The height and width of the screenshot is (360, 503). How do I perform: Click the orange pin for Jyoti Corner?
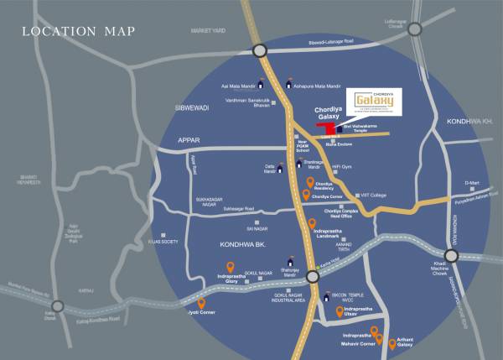click(201, 304)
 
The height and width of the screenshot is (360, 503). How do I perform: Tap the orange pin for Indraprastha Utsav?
click(340, 312)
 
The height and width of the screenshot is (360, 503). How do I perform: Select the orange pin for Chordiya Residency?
click(312, 182)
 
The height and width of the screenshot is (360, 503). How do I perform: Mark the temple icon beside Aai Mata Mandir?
click(261, 84)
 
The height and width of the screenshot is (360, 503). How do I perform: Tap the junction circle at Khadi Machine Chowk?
click(452, 257)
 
